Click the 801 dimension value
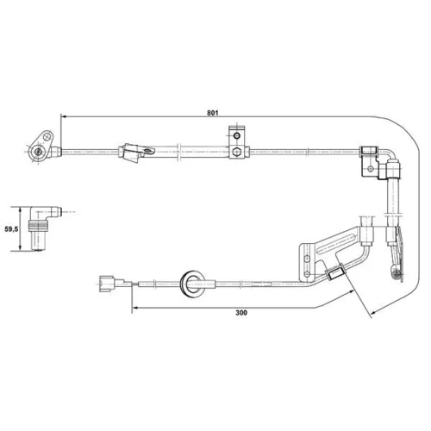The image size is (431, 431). tap(213, 113)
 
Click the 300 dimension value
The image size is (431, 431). tap(241, 313)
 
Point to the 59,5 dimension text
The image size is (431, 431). tap(11, 229)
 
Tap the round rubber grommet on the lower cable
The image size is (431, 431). tap(192, 284)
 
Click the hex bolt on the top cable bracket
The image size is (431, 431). tap(236, 152)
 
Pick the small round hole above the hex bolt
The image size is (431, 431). tap(236, 135)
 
